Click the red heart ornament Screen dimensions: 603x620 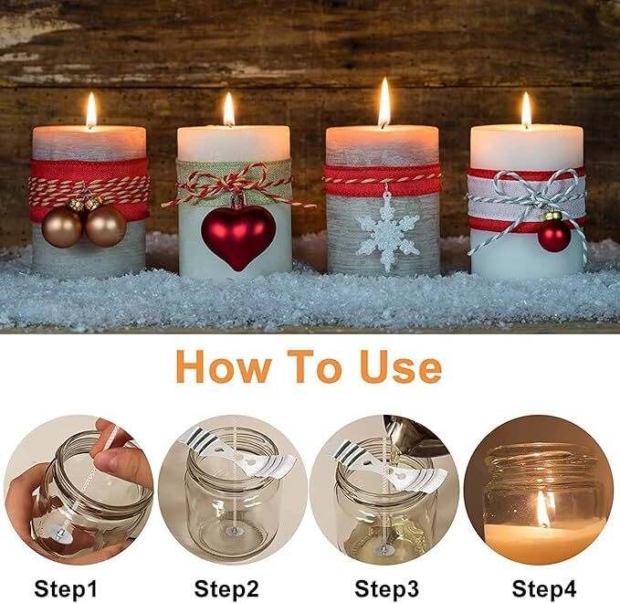238,236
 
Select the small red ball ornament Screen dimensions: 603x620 553,235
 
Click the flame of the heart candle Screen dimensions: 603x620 229,111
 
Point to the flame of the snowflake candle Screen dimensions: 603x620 384,102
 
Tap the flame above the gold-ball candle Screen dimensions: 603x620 90,111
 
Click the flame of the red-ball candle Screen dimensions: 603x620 526,110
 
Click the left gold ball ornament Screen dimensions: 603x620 61,227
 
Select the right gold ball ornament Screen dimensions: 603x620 105,225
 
